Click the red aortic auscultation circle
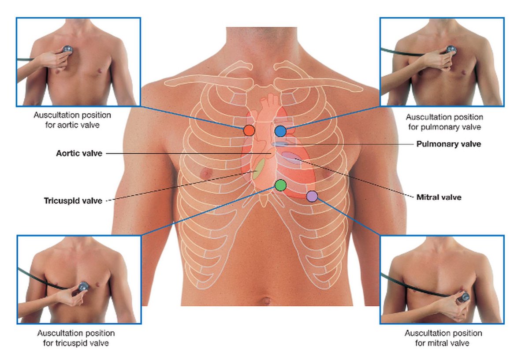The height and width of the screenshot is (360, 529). tap(249, 130)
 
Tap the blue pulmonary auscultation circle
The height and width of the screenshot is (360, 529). tap(280, 130)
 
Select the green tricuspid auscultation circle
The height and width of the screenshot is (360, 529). tap(280, 185)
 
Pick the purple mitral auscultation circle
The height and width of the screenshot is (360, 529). tap(312, 196)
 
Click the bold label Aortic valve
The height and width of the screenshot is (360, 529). tap(79, 153)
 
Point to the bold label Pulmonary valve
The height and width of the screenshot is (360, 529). tap(448, 144)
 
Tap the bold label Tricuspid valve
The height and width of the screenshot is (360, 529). tap(73, 200)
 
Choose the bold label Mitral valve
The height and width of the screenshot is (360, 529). tap(439, 197)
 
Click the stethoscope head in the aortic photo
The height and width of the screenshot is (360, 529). tap(68, 49)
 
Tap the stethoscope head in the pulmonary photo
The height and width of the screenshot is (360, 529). tap(451, 50)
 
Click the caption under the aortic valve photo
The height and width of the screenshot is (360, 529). tap(72, 120)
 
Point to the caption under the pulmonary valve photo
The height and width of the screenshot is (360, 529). tap(444, 122)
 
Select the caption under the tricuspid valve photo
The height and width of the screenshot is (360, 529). tap(76, 338)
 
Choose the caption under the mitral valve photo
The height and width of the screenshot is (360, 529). tap(443, 338)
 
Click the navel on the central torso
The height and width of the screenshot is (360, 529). tap(265, 301)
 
